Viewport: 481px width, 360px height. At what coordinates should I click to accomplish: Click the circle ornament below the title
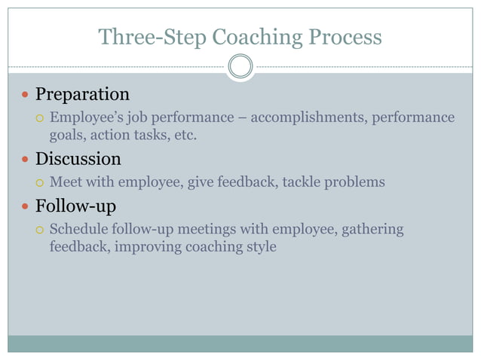click(240, 67)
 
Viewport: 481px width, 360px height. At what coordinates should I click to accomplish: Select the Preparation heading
click(82, 94)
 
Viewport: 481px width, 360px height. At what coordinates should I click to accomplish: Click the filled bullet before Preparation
click(25, 96)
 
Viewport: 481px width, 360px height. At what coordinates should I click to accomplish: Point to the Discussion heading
click(78, 159)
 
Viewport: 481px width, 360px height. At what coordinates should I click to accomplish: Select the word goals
click(66, 136)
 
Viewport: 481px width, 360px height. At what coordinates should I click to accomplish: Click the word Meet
click(66, 182)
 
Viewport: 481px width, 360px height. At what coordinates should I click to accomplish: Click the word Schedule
click(78, 229)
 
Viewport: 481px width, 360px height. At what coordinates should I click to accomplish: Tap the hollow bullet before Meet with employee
click(41, 183)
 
